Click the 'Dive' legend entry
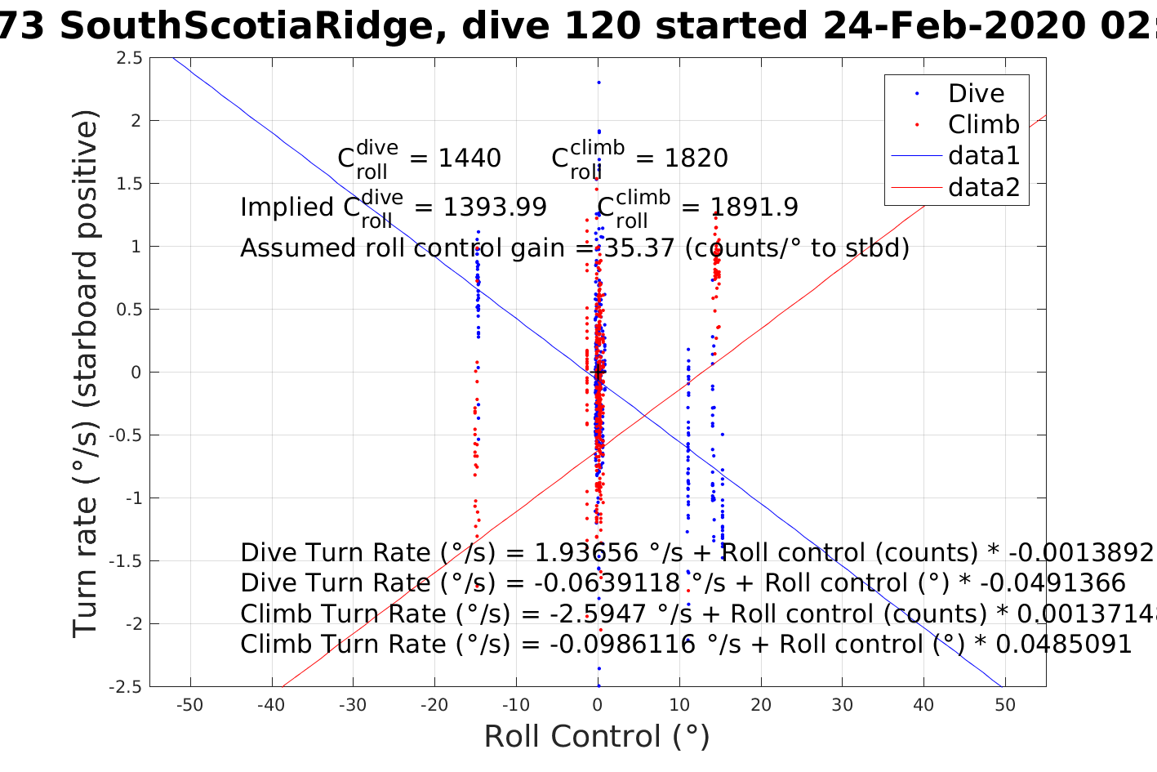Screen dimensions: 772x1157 coord(975,94)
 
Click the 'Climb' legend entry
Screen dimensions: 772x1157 coord(983,125)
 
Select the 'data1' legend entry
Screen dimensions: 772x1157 coord(983,156)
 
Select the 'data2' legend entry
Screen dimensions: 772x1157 coord(983,188)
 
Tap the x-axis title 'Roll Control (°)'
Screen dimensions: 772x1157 coord(597,737)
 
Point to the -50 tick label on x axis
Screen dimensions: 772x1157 coord(189,705)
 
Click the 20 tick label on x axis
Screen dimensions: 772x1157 coord(761,705)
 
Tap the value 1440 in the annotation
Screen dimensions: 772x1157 coord(469,158)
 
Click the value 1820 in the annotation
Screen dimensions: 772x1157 coord(696,158)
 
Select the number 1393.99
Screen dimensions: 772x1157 coord(495,208)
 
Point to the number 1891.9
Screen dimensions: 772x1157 coord(755,208)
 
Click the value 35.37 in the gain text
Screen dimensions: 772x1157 coord(639,248)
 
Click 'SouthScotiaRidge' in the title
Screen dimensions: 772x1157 coord(246,27)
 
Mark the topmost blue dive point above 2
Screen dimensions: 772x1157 coord(599,83)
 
